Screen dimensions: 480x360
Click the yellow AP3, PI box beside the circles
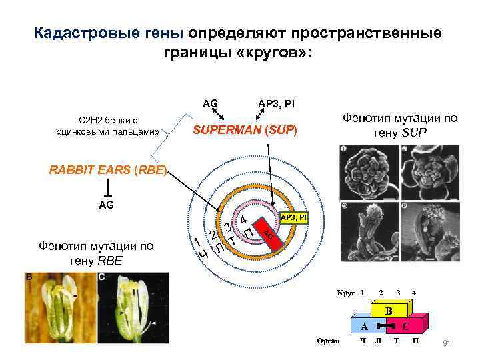[x=293, y=218]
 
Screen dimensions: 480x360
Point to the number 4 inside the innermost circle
[x=244, y=220]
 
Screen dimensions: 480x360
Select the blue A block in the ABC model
[x=364, y=327]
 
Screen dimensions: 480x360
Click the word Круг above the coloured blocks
[x=345, y=293]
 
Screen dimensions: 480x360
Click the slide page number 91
[x=447, y=343]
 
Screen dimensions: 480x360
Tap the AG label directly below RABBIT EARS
[x=106, y=205]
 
